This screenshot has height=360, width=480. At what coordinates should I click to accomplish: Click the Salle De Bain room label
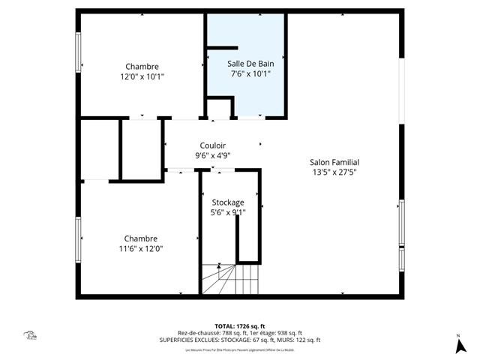[250, 64]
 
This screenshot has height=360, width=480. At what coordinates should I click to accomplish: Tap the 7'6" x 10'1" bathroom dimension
[250, 74]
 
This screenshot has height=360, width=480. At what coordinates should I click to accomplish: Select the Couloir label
[213, 145]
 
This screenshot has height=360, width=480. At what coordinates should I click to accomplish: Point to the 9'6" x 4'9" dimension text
[213, 156]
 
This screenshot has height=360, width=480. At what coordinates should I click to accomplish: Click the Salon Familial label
[334, 162]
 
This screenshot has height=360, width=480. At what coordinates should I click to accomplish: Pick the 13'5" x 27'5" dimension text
[334, 172]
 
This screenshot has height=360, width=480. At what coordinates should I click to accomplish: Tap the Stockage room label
[227, 202]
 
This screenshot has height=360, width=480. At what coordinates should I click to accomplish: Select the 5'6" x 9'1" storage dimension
[227, 212]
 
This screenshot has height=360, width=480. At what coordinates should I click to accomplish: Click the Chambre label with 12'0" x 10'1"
[142, 66]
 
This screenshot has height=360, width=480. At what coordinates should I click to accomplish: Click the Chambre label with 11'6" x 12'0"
[141, 238]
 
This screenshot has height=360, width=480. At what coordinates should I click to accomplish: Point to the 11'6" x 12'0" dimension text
[141, 249]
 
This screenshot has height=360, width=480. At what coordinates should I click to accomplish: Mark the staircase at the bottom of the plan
[228, 280]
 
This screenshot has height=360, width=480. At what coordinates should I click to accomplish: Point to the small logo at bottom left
[31, 336]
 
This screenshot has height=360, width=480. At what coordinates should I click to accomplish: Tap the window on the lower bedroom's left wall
[77, 238]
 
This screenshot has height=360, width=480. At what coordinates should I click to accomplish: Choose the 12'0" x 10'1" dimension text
[142, 76]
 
